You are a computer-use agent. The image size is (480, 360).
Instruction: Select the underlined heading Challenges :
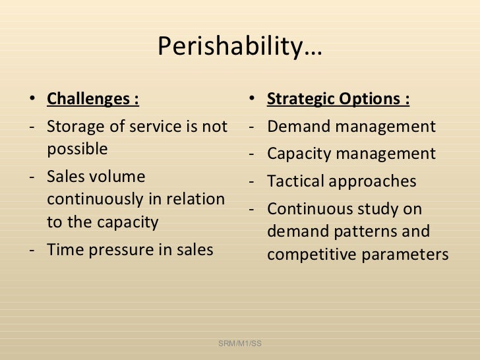point(93,100)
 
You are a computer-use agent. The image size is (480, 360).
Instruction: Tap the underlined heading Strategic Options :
point(338,100)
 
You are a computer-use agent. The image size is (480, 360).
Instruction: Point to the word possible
point(77,149)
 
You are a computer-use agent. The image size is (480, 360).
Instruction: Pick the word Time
point(64,249)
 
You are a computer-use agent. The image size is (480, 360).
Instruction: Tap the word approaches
point(375,182)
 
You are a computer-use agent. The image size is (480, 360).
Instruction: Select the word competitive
point(313,255)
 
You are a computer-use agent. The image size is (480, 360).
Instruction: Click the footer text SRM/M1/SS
point(239,344)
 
